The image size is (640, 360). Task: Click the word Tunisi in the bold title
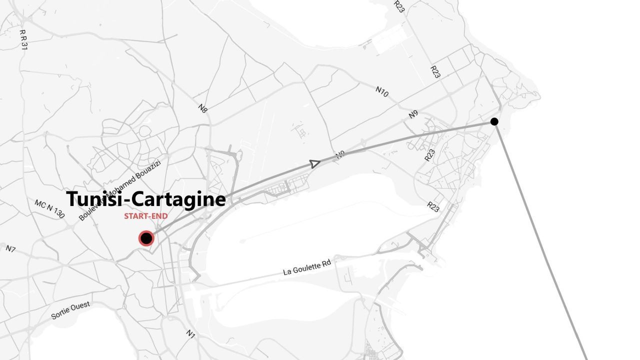pos(94,199)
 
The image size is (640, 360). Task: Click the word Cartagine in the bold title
pos(179,199)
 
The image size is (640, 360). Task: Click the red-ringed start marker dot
pos(146,238)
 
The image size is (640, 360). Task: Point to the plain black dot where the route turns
pos(494,121)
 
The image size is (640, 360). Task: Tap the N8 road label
pos(202,108)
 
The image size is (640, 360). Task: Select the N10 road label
pos(382,91)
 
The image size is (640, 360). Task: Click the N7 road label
pos(10,248)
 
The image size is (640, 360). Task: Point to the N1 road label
pos(190,333)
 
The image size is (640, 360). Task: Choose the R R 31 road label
pos(23,39)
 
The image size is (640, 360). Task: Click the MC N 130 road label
pos(49,209)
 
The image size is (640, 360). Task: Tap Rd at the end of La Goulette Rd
pos(326,263)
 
